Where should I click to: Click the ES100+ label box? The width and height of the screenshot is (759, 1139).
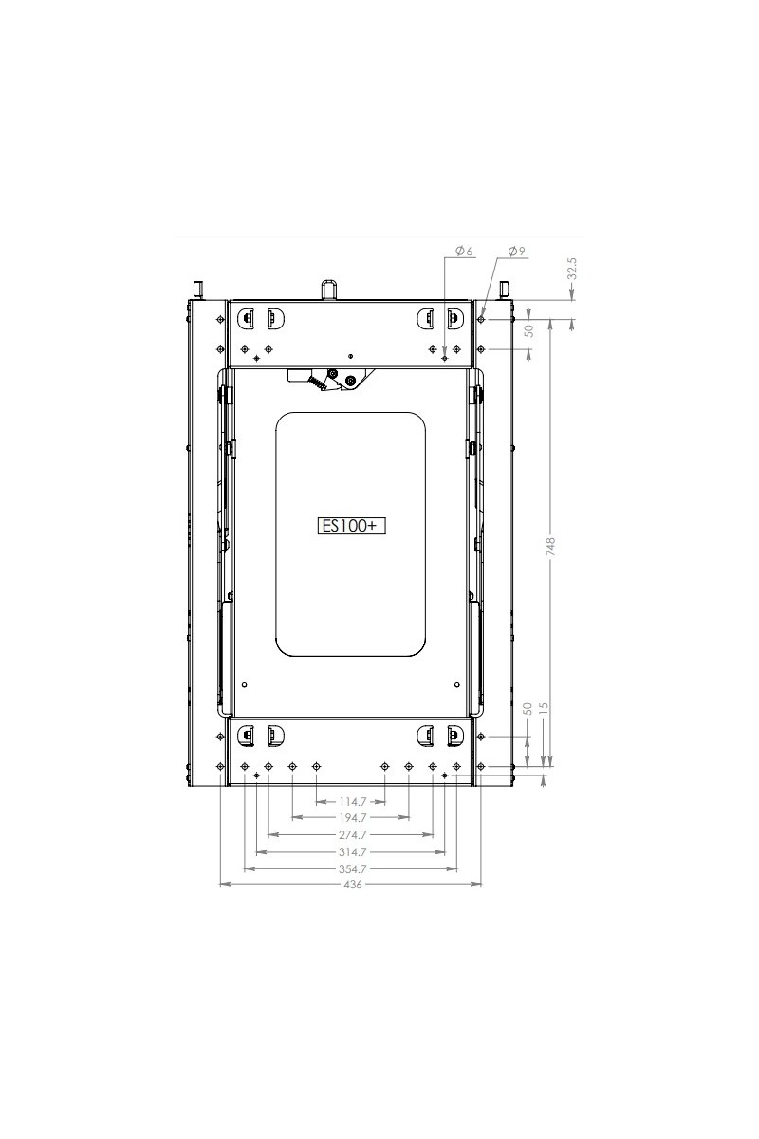pos(351,526)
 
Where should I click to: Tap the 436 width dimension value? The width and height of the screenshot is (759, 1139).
pos(353,885)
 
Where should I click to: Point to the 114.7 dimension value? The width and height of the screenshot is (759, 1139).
pos(353,802)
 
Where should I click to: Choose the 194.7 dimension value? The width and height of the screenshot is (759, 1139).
pos(353,817)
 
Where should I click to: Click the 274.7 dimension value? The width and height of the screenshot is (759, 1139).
pos(353,834)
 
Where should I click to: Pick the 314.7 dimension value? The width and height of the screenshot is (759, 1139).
pos(353,851)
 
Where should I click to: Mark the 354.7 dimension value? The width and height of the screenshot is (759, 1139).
pos(353,869)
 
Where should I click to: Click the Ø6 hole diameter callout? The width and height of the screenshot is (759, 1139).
pos(464,251)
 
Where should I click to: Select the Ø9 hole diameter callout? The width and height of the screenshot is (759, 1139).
pos(516,251)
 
